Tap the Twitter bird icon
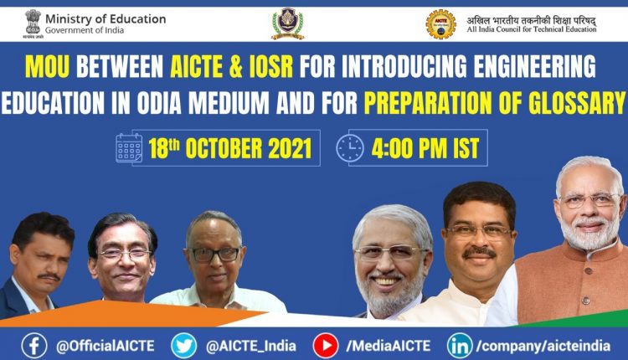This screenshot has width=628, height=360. click(183, 344)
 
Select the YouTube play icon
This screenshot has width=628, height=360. click(325, 344)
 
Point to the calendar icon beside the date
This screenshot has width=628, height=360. click(129, 148)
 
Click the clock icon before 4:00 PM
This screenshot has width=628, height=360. click(349, 148)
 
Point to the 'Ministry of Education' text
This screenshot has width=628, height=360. click(105, 18)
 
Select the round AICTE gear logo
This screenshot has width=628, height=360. click(440, 24)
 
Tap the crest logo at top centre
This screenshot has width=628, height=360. click(287, 24)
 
